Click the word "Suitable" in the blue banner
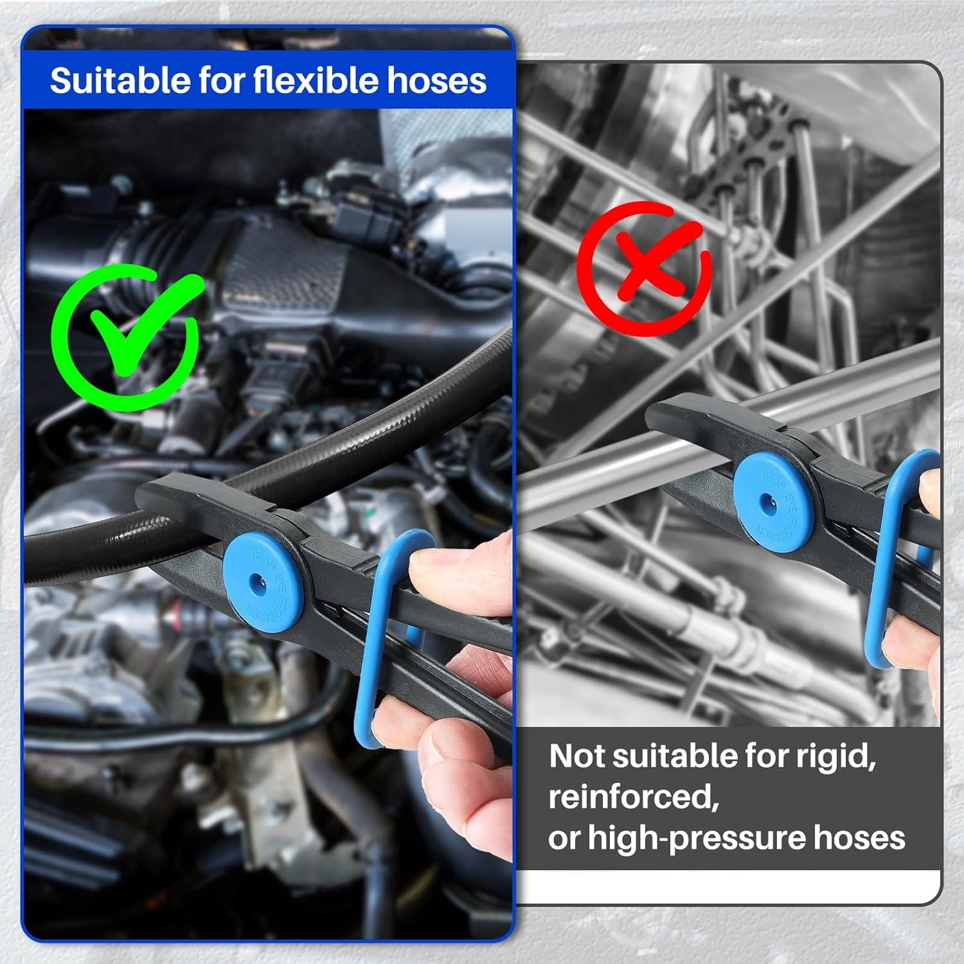119,81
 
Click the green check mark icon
126,334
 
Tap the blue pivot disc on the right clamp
773,499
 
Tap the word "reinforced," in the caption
632,798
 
